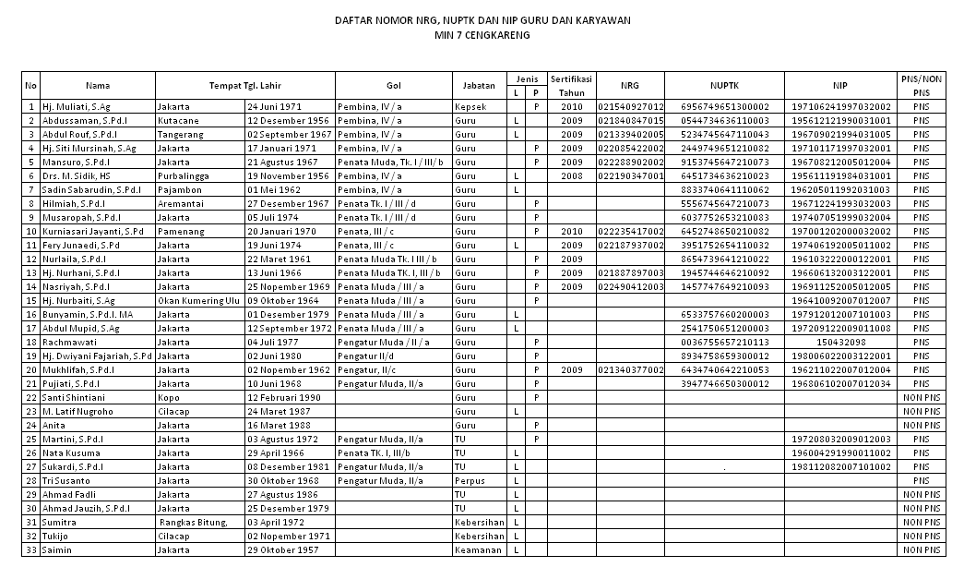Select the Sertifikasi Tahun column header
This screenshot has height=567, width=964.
click(572, 85)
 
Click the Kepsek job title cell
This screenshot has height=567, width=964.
click(471, 107)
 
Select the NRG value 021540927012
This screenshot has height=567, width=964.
click(631, 107)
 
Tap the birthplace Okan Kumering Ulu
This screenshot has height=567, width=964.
click(197, 300)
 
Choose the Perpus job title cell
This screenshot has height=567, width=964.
click(470, 480)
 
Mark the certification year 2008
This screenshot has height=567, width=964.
click(572, 175)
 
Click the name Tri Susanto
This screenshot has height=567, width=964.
click(65, 480)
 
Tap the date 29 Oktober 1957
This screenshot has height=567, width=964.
click(284, 549)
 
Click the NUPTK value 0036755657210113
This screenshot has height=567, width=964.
click(724, 342)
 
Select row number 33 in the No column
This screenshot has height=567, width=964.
click(30, 549)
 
